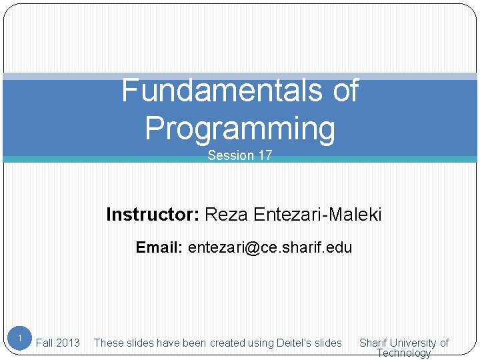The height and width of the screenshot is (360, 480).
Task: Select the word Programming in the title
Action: (240, 128)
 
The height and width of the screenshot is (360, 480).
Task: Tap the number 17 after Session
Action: (265, 156)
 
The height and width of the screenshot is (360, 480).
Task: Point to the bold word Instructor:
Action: (152, 215)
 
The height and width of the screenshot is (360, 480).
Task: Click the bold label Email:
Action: (159, 248)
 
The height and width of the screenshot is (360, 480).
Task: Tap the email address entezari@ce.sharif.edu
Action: (270, 248)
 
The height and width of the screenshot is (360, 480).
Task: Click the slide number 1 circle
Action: (20, 339)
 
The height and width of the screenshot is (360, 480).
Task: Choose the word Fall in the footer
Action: (45, 343)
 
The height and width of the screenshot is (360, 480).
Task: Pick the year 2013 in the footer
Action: (68, 343)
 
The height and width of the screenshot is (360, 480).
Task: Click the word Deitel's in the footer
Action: (293, 343)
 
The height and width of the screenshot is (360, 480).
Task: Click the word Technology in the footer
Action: (404, 353)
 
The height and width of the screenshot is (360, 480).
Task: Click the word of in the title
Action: (345, 91)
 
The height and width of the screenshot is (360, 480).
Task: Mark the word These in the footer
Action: (107, 343)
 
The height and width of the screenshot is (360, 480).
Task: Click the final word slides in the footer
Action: (328, 343)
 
